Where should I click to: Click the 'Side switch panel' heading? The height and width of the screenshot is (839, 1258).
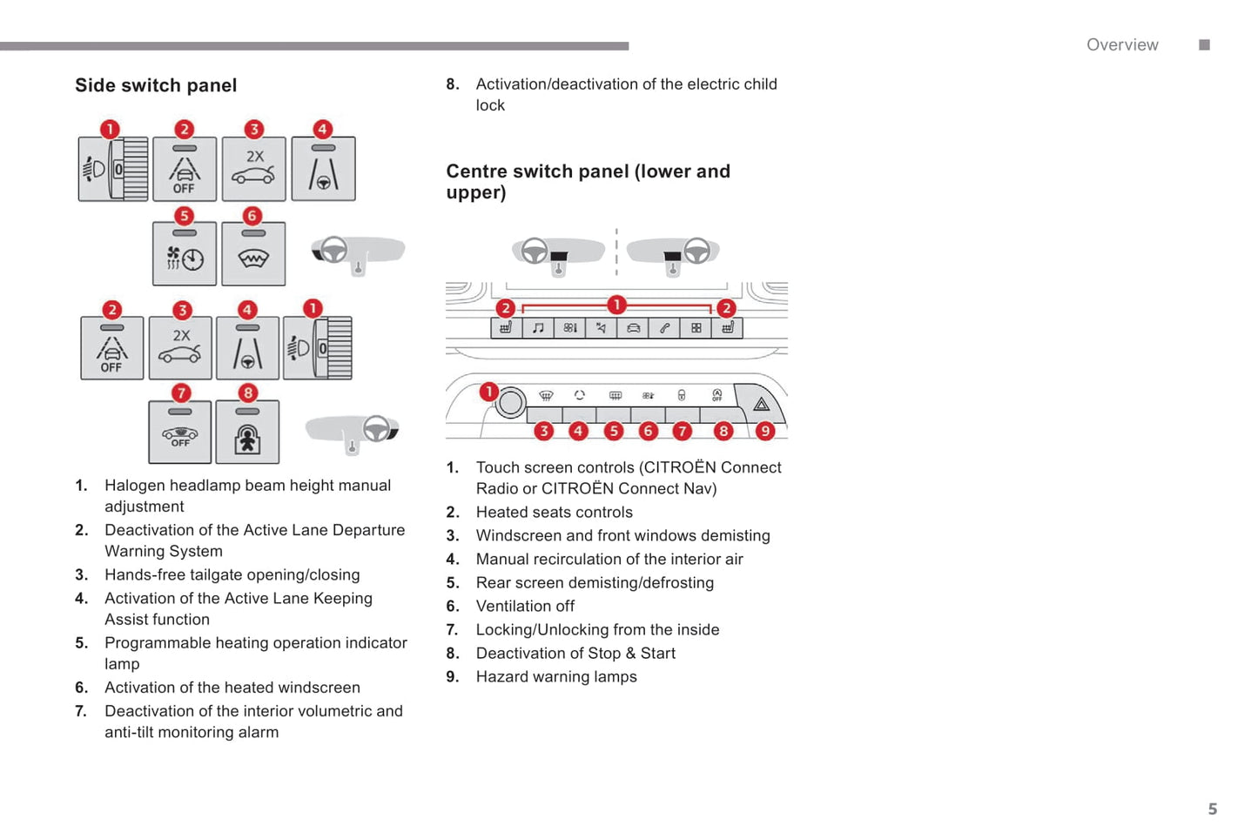(x=156, y=85)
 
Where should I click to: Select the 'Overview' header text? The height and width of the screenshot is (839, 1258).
(x=1121, y=45)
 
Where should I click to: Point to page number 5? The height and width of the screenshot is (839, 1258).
(x=1212, y=809)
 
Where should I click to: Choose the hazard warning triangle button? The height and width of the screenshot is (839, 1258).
(x=761, y=404)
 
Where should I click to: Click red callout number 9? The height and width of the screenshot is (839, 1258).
(x=764, y=431)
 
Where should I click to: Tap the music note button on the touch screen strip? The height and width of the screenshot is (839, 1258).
(x=538, y=328)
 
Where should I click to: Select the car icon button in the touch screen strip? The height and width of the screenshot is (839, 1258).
(x=633, y=328)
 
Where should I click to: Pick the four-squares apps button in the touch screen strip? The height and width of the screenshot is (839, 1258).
(x=696, y=328)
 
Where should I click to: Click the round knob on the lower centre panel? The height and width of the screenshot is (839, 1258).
(x=511, y=402)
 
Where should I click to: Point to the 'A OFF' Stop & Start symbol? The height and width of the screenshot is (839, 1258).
(x=716, y=395)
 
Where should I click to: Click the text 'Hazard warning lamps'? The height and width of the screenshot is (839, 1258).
(x=556, y=677)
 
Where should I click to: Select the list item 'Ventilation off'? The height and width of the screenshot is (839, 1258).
(x=525, y=607)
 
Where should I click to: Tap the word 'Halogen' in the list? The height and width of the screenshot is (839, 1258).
(x=134, y=486)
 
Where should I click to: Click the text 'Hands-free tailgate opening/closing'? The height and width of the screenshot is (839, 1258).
(x=232, y=575)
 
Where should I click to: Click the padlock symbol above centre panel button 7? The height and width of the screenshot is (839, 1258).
(x=682, y=395)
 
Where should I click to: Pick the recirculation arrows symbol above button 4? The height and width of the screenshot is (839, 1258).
(x=580, y=395)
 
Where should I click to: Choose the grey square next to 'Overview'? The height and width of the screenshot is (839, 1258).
(x=1204, y=45)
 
